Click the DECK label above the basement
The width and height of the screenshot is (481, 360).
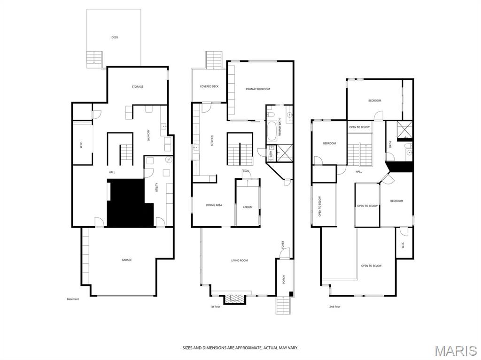(115, 37)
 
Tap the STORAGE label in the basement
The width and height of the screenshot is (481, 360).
(137, 87)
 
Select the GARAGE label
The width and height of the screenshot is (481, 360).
(127, 260)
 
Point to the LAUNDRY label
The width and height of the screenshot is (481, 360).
(148, 136)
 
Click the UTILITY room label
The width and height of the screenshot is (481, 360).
(157, 187)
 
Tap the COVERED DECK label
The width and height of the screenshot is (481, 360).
(209, 86)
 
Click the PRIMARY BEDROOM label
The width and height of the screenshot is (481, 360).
(258, 89)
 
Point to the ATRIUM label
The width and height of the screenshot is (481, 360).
(248, 207)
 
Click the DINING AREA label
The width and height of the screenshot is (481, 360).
(214, 205)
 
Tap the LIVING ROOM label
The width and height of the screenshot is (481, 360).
(239, 260)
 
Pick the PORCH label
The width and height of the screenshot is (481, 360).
(283, 279)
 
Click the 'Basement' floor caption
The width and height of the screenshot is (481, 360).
(73, 299)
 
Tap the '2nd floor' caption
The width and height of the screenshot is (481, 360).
(334, 306)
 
